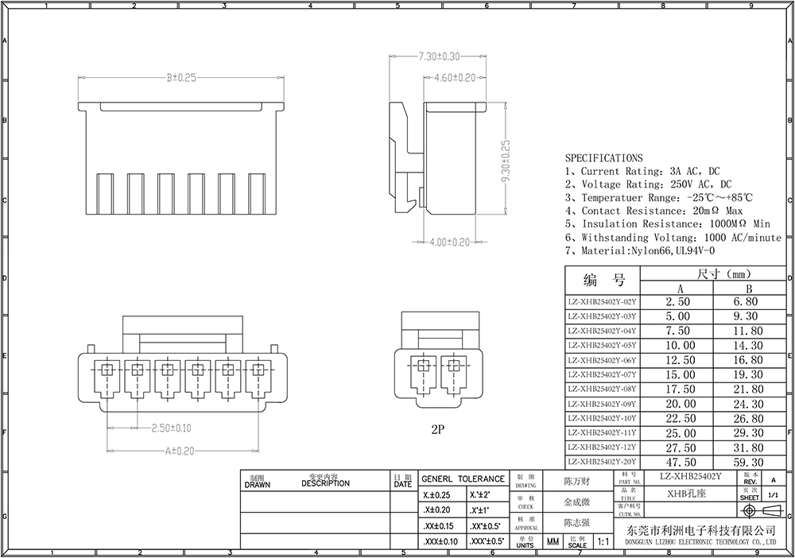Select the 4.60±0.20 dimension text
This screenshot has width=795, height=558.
(456, 77)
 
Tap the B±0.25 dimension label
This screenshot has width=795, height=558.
(181, 77)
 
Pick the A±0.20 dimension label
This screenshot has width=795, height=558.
(180, 451)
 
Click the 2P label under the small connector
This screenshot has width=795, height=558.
(436, 429)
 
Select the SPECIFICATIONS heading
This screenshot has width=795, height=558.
(604, 158)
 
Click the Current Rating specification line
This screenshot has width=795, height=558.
(642, 172)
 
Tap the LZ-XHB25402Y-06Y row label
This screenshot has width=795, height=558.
(602, 360)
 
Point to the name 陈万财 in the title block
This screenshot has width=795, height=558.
(576, 482)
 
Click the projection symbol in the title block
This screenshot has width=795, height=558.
(760, 510)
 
